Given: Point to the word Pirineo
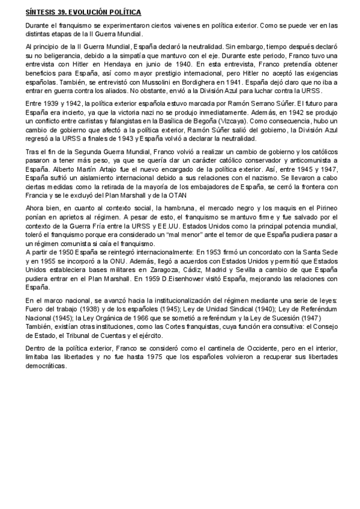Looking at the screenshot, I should tap(323, 208).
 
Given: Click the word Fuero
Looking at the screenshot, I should tap(36, 309).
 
